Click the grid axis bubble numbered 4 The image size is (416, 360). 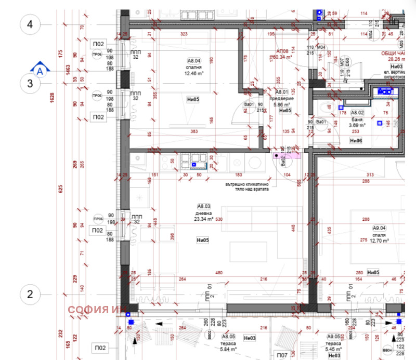(x=30, y=24)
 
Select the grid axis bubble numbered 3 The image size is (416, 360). (x=30, y=83)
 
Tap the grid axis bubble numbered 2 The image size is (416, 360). (x=30, y=295)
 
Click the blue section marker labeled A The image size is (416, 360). (x=41, y=68)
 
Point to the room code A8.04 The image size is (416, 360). (x=194, y=61)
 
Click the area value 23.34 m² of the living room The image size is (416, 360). (x=203, y=219)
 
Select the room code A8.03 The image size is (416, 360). (x=203, y=206)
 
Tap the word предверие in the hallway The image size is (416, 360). (x=284, y=98)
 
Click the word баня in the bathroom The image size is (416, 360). (x=357, y=119)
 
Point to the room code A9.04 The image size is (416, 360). (x=378, y=228)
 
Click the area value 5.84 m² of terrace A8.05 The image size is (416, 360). (x=229, y=349)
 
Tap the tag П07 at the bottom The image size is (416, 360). (x=282, y=355)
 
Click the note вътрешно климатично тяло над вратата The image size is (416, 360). (x=247, y=186)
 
